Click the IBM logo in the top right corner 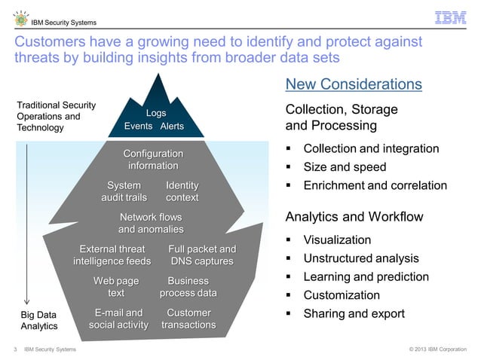click(450, 17)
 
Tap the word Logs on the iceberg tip click(156, 113)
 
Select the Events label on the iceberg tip click(138, 126)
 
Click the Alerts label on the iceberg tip click(172, 126)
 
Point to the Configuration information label click(153, 160)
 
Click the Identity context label click(182, 191)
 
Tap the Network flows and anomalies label click(151, 223)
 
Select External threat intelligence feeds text click(112, 255)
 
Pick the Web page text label click(116, 287)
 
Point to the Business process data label click(188, 287)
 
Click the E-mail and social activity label click(118, 319)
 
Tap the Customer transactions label click(188, 319)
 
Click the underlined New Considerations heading click(354, 84)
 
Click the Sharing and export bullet click(354, 313)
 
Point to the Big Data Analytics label click(37, 320)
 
